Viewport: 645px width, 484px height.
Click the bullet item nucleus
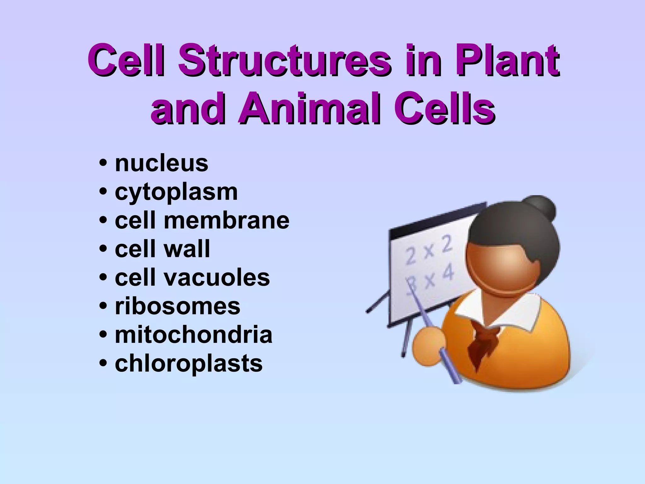click(x=162, y=164)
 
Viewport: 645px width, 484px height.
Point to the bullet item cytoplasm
click(x=176, y=193)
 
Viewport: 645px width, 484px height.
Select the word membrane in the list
click(x=226, y=221)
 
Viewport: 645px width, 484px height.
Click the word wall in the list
click(x=186, y=249)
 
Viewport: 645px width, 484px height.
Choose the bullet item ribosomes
click(x=177, y=306)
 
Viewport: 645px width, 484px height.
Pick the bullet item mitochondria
click(x=193, y=335)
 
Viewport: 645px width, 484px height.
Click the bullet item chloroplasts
click(x=188, y=364)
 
